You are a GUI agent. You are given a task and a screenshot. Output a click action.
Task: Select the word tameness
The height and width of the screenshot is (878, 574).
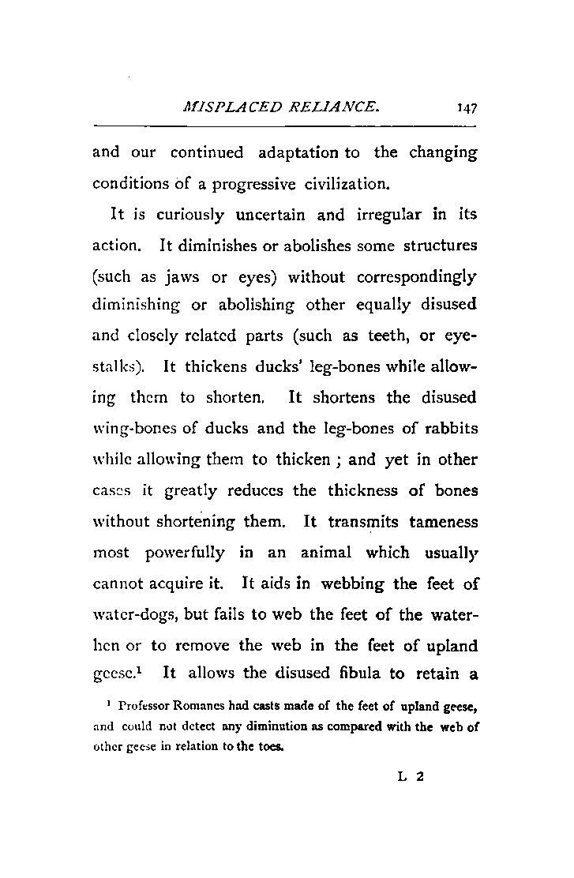(x=441, y=522)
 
